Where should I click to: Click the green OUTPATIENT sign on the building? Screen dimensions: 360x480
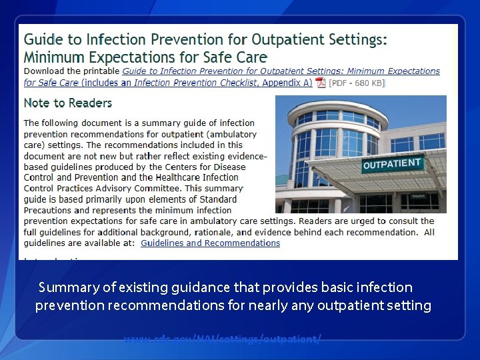pyautogui.click(x=393, y=164)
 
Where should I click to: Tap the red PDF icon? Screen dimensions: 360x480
pyautogui.click(x=320, y=83)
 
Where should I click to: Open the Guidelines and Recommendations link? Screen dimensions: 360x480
pyautogui.click(x=210, y=243)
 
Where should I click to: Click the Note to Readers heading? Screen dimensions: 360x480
pyautogui.click(x=68, y=103)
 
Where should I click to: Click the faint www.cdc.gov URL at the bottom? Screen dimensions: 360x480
pyautogui.click(x=222, y=339)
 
